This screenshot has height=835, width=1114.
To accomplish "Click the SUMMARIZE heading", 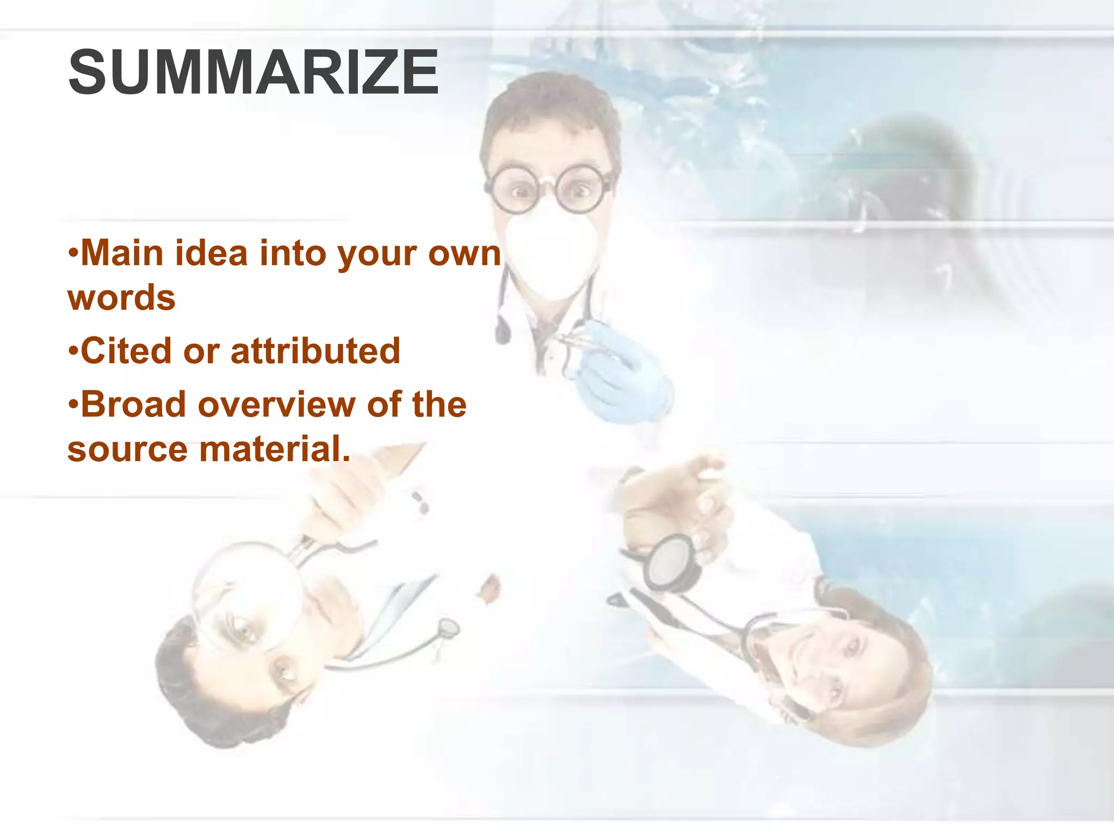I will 253,72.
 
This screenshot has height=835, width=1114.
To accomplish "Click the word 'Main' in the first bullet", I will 121,253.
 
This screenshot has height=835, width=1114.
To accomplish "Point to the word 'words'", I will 121,298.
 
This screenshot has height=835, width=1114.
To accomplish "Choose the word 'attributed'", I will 315,351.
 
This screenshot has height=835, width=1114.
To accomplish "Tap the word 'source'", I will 127,450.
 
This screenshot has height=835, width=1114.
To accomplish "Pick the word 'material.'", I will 275,450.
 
